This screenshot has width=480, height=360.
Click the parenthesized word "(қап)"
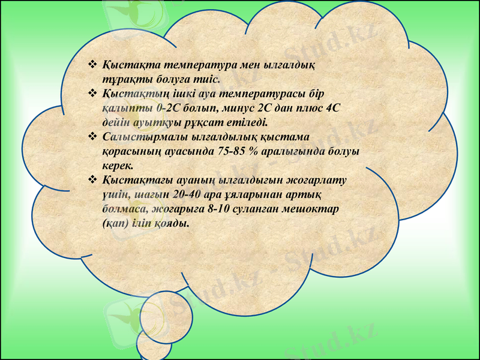point(115,223)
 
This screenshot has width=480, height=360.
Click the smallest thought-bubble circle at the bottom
point(154,344)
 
